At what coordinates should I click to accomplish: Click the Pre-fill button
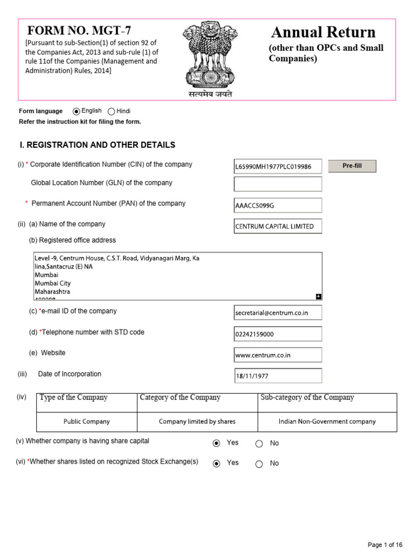pos(352,166)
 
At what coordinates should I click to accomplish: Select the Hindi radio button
pos(112,112)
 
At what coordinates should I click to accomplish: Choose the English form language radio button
pos(77,112)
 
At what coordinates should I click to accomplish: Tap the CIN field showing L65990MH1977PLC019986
pos(278,167)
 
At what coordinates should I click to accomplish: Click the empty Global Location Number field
pos(278,184)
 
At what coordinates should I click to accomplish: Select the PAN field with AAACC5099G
pos(278,205)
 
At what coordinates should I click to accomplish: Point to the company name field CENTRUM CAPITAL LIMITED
pos(278,226)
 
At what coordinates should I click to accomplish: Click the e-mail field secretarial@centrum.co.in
pos(278,313)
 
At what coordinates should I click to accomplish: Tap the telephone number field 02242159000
pos(278,334)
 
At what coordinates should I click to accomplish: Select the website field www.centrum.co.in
pos(278,355)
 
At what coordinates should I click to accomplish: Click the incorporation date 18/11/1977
pos(278,376)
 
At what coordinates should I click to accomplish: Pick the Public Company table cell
pos(87,422)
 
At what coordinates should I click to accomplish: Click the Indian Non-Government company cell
pos(327,422)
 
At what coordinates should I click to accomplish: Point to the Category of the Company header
pos(180,398)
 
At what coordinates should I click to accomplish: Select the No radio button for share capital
pos(259,444)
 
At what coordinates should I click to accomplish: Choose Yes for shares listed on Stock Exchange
pos(217,464)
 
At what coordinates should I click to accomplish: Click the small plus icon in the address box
pos(319,296)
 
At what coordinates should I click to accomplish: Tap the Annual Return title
pos(323,32)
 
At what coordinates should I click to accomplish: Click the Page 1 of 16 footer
pos(385,545)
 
